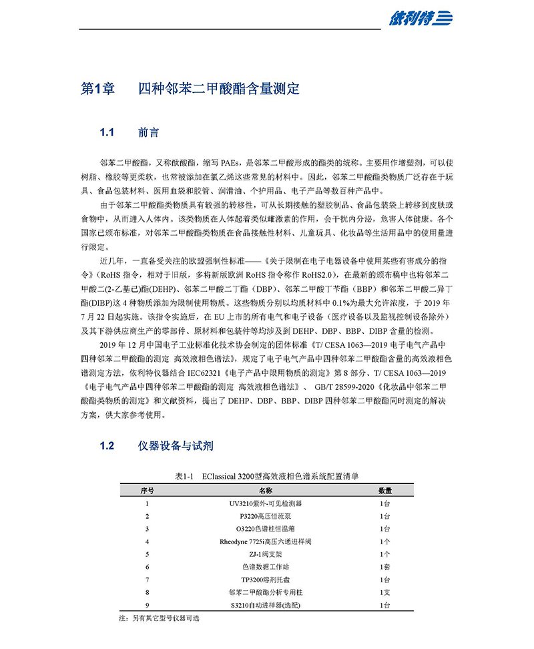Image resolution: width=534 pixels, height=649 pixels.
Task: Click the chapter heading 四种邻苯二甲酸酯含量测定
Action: pyautogui.click(x=218, y=89)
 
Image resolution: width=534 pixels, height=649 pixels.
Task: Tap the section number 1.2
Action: pyautogui.click(x=107, y=445)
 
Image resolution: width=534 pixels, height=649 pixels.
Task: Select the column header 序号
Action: pyautogui.click(x=147, y=490)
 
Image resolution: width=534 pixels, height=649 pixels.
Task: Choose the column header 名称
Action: pyautogui.click(x=266, y=490)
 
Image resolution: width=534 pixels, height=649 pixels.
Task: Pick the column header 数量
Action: pyautogui.click(x=384, y=490)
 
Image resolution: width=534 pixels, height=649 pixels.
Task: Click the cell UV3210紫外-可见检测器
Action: pyautogui.click(x=266, y=503)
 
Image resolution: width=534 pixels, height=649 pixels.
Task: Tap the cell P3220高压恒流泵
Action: pyautogui.click(x=266, y=515)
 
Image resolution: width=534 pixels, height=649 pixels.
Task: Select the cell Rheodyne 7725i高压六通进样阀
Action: pyautogui.click(x=266, y=542)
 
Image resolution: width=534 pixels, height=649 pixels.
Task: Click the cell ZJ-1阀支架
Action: pyautogui.click(x=266, y=554)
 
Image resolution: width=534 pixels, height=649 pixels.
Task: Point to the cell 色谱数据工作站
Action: pyautogui.click(x=266, y=567)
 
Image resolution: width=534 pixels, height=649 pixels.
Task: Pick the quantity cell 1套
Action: pyautogui.click(x=384, y=567)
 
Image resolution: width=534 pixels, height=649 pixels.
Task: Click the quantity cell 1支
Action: pyautogui.click(x=384, y=592)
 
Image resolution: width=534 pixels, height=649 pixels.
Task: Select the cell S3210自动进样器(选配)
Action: pyautogui.click(x=266, y=605)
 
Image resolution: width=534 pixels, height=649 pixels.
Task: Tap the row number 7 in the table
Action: pyautogui.click(x=147, y=580)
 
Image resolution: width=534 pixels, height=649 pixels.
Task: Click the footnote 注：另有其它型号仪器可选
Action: pyautogui.click(x=158, y=619)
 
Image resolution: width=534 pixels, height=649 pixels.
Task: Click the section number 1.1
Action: pyautogui.click(x=107, y=132)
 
